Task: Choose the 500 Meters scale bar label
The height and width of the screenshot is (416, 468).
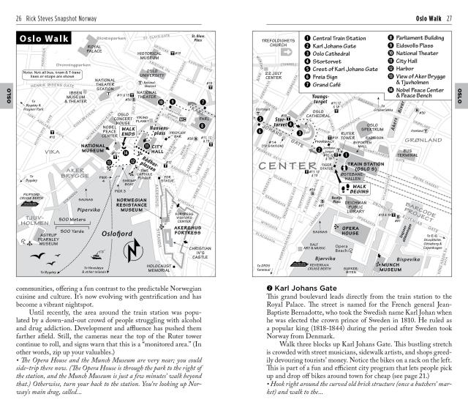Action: (73, 219)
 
